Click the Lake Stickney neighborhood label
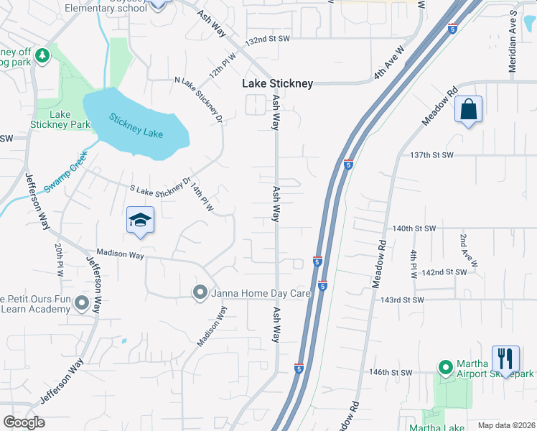[277, 84]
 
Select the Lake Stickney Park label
[60, 119]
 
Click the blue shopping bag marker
[468, 111]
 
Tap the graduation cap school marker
[141, 221]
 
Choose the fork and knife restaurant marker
[505, 358]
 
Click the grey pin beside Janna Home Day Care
[200, 292]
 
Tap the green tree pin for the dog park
[42, 55]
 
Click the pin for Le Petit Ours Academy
[81, 304]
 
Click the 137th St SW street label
[433, 155]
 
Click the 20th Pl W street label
[58, 259]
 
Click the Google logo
[24, 422]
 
